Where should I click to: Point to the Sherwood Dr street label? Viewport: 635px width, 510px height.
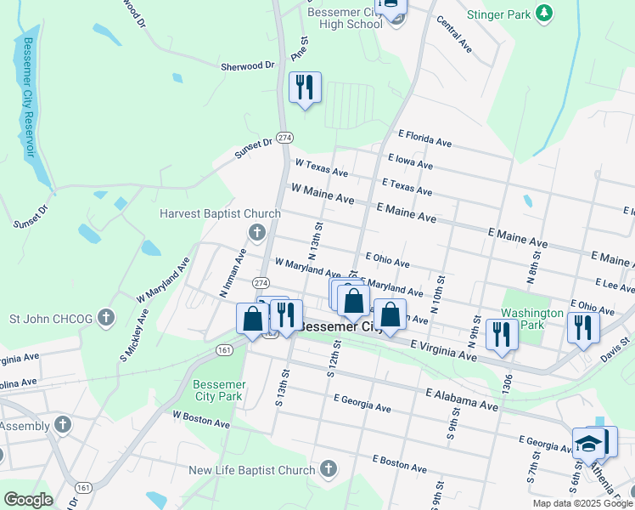point(248,65)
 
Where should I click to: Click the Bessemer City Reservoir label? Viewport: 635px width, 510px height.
point(28,97)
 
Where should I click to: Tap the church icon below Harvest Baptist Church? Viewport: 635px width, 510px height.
point(256,231)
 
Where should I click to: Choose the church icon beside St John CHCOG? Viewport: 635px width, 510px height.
point(106,319)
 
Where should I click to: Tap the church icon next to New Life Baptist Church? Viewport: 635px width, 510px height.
point(329,469)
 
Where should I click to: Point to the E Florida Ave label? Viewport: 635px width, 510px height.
point(424,139)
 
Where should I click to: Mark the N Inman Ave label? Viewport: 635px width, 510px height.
point(233,271)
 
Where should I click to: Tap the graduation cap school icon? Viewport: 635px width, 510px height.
point(588,444)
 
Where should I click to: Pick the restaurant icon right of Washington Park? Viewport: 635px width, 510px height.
point(583,327)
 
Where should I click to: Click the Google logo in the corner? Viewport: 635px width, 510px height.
point(28,500)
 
